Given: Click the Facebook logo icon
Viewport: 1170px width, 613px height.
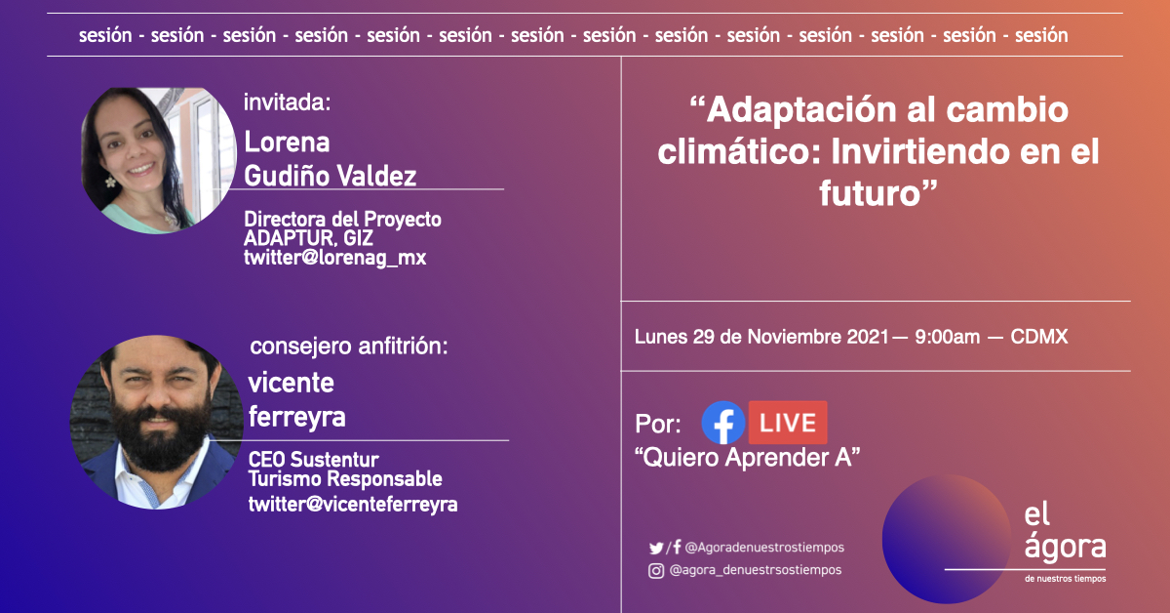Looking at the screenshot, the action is [722, 423].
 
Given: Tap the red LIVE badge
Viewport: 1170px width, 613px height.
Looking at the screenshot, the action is [788, 423].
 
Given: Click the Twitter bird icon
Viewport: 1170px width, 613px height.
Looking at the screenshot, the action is [656, 548].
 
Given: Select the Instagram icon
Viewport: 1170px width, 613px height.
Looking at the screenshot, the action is [656, 571].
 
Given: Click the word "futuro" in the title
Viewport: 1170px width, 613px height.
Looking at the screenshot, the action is [870, 193].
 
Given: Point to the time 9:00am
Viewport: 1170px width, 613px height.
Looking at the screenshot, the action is [947, 337].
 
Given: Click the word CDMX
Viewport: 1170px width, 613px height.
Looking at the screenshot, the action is [1039, 337].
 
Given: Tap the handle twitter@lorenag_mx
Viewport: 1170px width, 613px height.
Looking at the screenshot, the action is [334, 258].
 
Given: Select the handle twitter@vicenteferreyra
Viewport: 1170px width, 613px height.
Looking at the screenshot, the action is [353, 505].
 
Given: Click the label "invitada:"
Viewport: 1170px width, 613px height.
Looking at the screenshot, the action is [288, 102].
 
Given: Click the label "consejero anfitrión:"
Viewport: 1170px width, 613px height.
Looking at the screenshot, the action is [349, 347].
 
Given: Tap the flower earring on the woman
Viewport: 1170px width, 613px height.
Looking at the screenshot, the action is [110, 182].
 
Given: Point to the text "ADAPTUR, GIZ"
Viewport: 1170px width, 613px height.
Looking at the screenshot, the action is [308, 238].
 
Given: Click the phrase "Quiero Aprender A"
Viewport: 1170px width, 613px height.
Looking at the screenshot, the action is [748, 458].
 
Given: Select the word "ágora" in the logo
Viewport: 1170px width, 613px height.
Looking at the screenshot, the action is [1065, 546].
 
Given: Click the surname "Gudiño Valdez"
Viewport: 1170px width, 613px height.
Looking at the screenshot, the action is [331, 176].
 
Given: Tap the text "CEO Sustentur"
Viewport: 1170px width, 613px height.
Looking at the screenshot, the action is [313, 460].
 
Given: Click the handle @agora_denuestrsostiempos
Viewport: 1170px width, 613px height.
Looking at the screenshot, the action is [756, 570].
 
